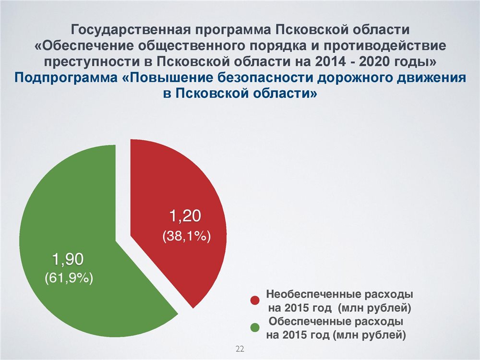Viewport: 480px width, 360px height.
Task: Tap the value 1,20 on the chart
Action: (x=185, y=216)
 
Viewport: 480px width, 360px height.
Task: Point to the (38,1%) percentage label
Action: (x=186, y=236)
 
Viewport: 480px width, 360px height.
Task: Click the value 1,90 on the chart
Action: (x=68, y=259)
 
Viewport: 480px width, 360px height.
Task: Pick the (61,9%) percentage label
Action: (x=69, y=278)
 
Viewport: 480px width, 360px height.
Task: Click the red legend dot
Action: (x=255, y=300)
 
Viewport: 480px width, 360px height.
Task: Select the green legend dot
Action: (x=255, y=328)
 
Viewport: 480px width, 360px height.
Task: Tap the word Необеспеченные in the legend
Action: (x=313, y=294)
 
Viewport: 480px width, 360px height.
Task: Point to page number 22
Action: (x=240, y=348)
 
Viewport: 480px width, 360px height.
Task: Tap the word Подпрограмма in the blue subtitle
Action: (x=66, y=78)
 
